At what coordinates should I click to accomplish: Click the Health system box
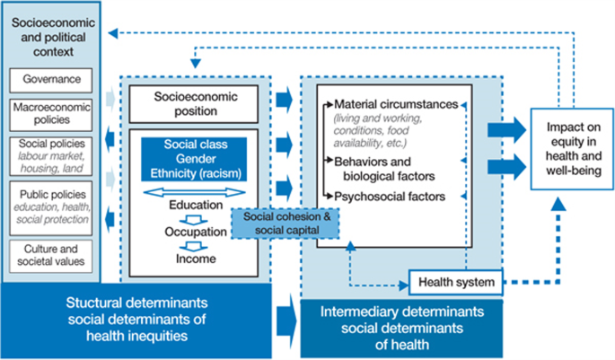(456, 283)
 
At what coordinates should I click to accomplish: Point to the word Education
(196, 205)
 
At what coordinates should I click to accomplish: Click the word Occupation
(196, 232)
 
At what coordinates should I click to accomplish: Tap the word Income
(196, 259)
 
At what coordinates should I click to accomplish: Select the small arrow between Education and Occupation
(196, 218)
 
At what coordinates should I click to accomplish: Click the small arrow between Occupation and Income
(196, 246)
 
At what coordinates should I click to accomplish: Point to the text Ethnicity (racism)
(196, 172)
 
